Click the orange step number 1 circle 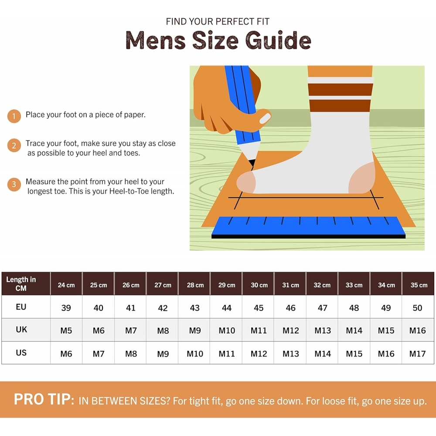(x=14, y=116)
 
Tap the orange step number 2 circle (x=14, y=146)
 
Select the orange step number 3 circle (x=14, y=184)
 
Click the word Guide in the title (x=278, y=40)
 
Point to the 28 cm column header (x=195, y=284)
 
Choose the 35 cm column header (x=419, y=284)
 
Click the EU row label (x=21, y=307)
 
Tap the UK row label (x=21, y=330)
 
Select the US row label (x=21, y=353)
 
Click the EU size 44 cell (x=227, y=307)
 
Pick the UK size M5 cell (x=66, y=330)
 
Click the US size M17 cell (x=417, y=353)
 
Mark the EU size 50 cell (x=417, y=307)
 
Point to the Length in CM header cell (x=26, y=284)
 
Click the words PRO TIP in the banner (x=44, y=399)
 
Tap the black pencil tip (x=252, y=163)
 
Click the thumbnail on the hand (x=265, y=119)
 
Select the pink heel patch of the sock (x=362, y=178)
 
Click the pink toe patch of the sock (x=246, y=182)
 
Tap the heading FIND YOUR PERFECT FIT (x=218, y=21)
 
